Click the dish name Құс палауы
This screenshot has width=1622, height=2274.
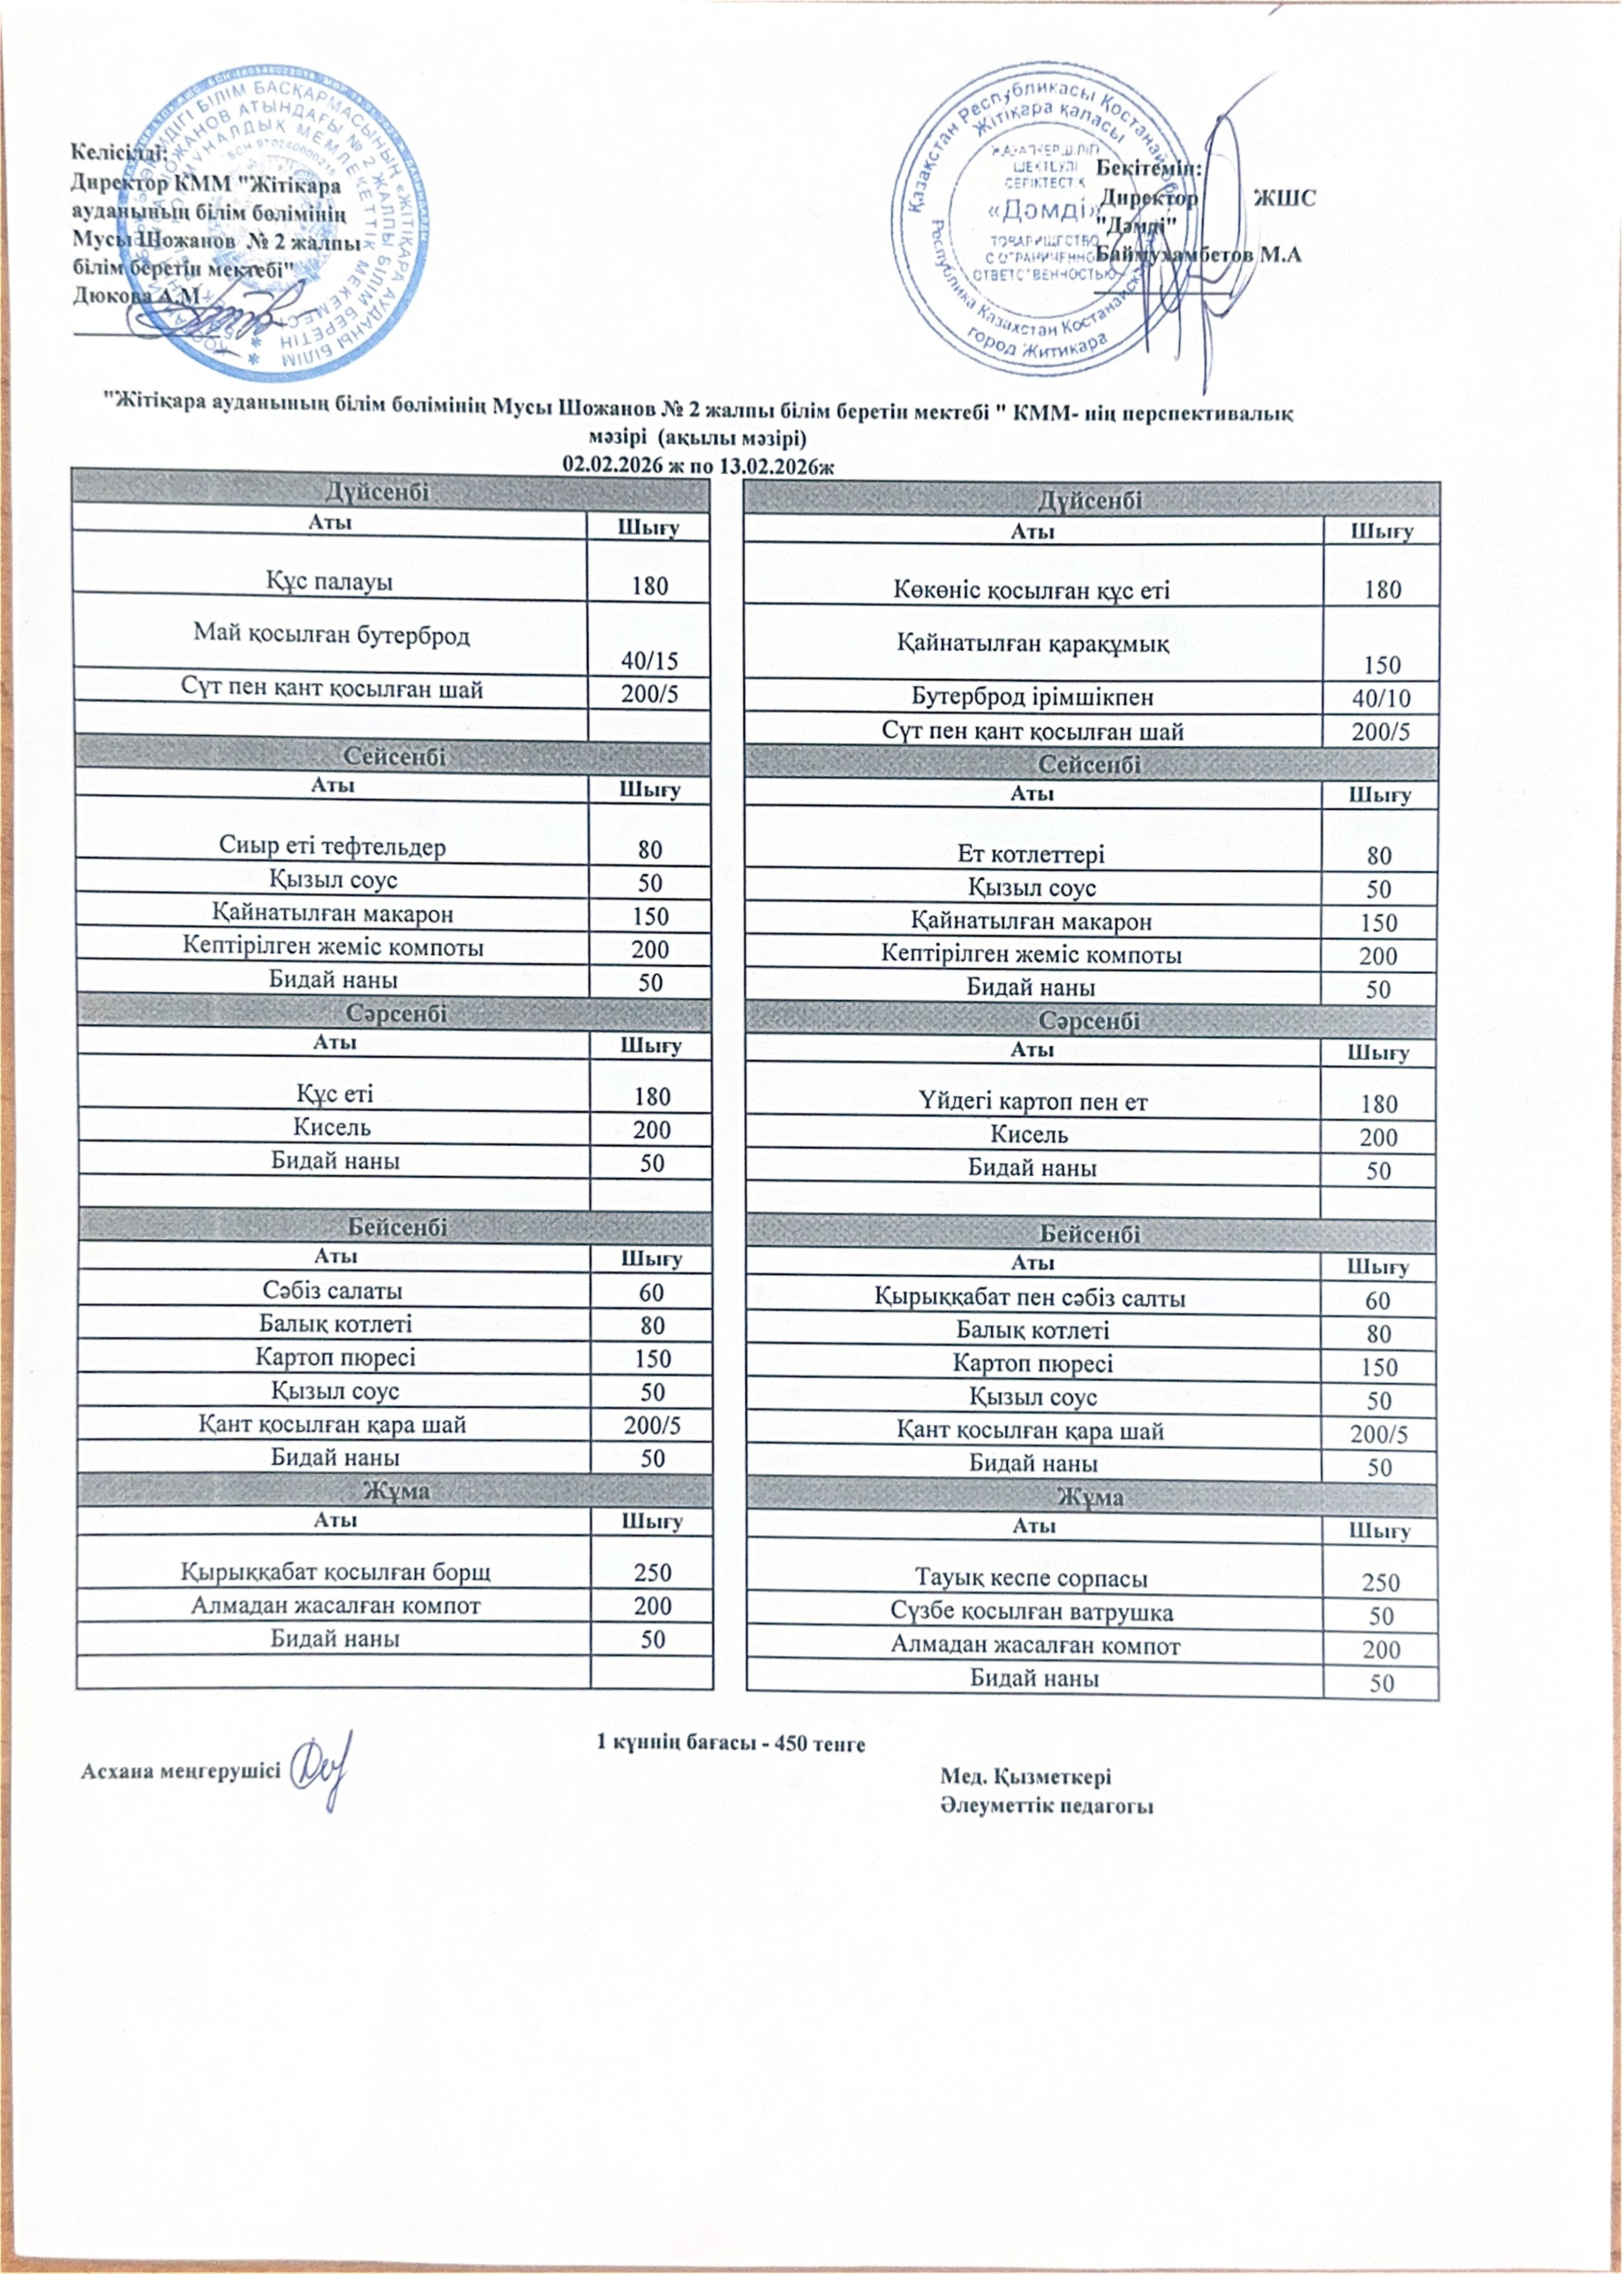pyautogui.click(x=329, y=582)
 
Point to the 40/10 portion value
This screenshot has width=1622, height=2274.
pyautogui.click(x=1380, y=698)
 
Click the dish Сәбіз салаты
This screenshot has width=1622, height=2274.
pyautogui.click(x=333, y=1291)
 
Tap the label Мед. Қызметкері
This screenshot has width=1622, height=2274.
pyautogui.click(x=1026, y=1777)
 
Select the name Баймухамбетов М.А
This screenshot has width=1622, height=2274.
pyautogui.click(x=1199, y=255)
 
